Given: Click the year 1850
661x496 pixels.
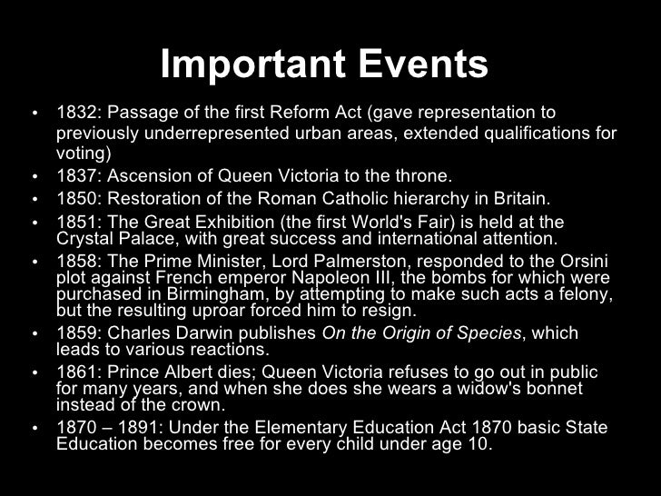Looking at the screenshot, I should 75,199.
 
